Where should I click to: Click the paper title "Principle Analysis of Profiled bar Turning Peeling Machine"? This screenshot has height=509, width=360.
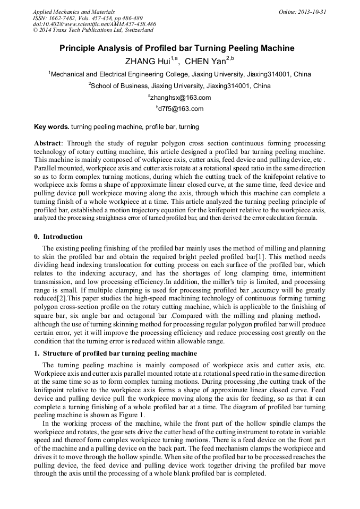(x=176, y=48)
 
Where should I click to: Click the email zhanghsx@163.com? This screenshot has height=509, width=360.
(x=180, y=98)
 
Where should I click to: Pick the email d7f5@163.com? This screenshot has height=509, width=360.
(x=180, y=109)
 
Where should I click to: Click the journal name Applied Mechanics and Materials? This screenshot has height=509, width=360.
(x=74, y=12)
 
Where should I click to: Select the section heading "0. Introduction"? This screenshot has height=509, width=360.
(x=58, y=237)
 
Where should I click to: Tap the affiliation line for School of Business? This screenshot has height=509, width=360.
(x=180, y=86)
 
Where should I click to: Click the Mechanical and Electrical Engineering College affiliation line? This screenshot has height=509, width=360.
(x=180, y=74)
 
